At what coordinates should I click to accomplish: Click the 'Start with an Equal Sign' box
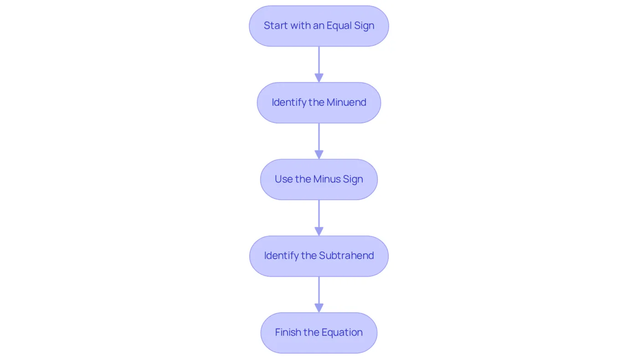pos(319,26)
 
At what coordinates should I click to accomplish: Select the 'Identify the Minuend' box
pos(319,103)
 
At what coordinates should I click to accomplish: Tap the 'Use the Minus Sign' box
pos(319,180)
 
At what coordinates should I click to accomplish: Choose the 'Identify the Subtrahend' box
pos(319,256)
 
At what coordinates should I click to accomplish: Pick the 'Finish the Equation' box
pos(319,333)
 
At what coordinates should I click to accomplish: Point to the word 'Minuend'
pos(346,102)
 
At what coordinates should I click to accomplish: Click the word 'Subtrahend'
pos(346,256)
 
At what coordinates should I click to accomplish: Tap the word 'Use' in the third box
pos(283,179)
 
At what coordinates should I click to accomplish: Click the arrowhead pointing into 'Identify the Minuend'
pos(319,78)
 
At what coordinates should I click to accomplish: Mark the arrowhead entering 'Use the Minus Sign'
pos(319,154)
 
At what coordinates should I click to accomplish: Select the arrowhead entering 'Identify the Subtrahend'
pos(319,231)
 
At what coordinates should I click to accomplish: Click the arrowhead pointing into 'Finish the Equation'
pos(319,308)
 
